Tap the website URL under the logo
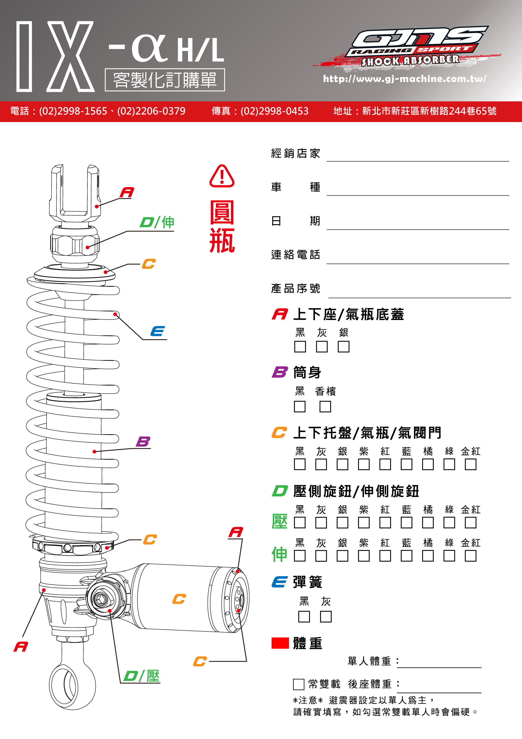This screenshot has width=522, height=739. coord(404,79)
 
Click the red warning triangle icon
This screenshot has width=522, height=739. coord(222,176)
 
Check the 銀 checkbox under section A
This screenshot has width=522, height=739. coord(343,347)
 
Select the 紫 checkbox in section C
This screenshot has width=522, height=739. coord(363,464)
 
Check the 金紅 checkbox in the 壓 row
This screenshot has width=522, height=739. coord(470,522)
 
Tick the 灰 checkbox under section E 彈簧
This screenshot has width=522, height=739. coord(326,616)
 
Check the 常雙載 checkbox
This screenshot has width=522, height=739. coord(298,684)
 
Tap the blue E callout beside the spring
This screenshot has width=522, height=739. coord(158,331)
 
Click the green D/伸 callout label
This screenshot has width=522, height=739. coord(157,222)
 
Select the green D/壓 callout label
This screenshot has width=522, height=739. coord(142,676)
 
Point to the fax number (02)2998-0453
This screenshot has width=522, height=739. coord(274,111)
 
